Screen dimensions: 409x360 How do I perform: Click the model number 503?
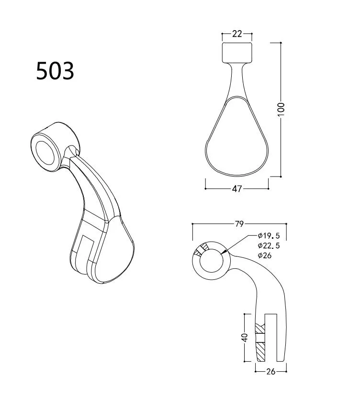tap(55, 71)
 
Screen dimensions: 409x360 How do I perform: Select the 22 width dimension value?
tap(236, 33)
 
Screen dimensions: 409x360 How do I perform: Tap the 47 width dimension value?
tap(236, 188)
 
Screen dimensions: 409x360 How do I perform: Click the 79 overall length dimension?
tap(239, 223)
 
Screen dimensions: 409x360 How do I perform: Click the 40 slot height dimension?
tap(245, 338)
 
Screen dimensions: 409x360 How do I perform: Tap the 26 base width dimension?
tap(270, 371)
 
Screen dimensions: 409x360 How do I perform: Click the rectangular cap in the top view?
tap(236, 52)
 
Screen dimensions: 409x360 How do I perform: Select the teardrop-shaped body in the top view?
tap(236, 139)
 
